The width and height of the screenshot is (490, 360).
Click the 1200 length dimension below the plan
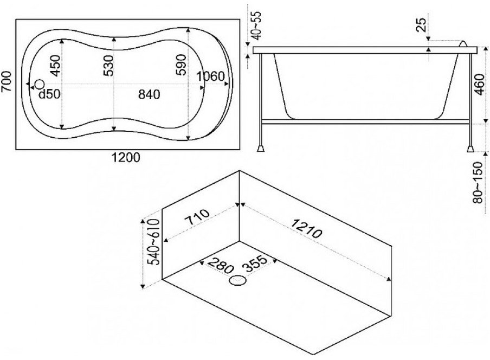point(126,158)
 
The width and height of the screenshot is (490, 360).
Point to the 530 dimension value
point(108,66)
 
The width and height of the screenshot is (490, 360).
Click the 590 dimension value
point(181,65)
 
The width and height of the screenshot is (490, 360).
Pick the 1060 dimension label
point(211,76)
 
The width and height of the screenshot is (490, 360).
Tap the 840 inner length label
point(149,94)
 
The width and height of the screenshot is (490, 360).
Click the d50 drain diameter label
point(49,94)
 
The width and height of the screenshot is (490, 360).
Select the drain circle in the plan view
point(40,84)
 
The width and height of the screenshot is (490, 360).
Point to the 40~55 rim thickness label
point(257,26)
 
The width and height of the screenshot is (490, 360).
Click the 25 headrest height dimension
point(422,25)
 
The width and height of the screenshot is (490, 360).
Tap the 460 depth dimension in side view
point(479,85)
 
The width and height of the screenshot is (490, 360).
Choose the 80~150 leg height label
point(478,183)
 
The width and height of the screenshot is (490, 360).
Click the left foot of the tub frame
point(261,148)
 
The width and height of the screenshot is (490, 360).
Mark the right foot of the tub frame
point(470,148)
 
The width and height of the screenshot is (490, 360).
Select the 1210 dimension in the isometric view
point(307,228)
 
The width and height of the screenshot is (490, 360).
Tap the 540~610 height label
point(154,242)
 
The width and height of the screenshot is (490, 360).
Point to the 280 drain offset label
point(220,264)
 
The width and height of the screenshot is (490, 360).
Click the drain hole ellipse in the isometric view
point(238,280)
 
